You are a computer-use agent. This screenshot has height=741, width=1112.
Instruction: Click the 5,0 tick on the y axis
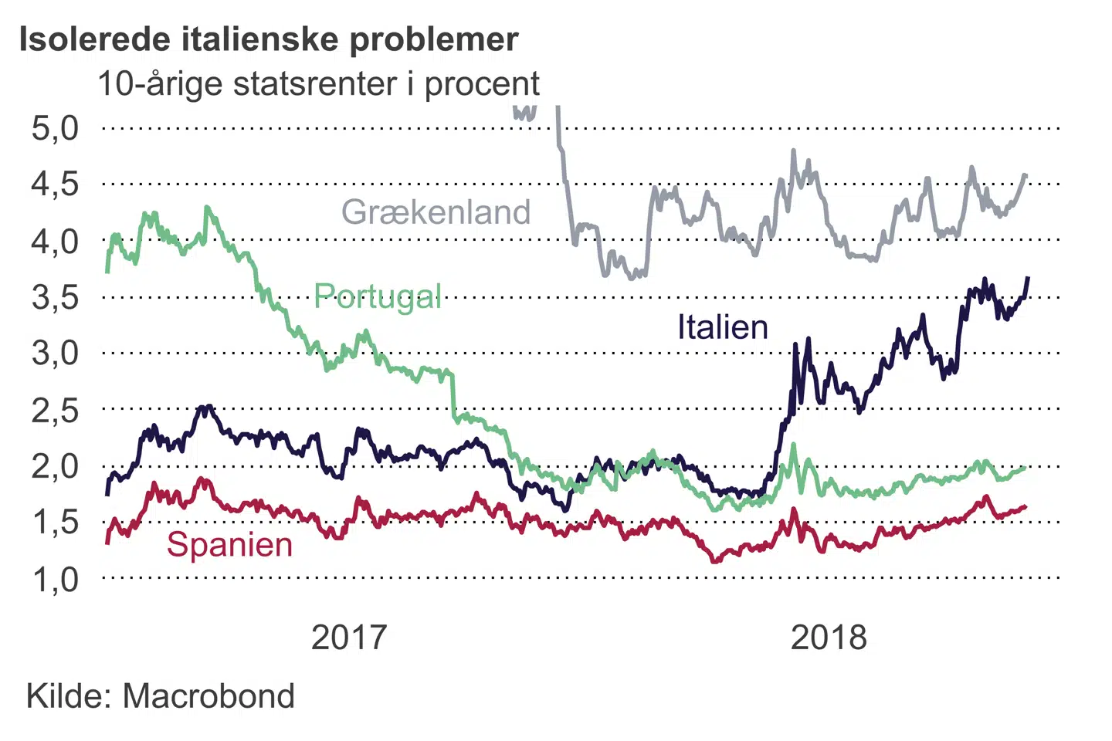55,128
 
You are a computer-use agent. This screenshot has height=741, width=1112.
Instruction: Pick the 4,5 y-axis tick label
55,184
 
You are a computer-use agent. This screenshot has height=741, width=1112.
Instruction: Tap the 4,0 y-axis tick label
55,241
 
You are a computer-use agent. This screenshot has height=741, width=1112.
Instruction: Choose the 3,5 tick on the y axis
55,297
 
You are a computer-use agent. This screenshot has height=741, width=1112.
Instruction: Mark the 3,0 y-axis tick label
55,354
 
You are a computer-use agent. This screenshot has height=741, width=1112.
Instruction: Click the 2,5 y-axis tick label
55,410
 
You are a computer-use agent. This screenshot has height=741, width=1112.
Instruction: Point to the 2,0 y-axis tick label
55,466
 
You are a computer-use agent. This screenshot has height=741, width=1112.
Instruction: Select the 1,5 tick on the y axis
55,523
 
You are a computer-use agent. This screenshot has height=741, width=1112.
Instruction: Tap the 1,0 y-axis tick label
55,579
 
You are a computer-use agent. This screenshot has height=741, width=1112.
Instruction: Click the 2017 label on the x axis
348,638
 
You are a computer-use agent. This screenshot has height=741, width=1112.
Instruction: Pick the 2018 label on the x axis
829,638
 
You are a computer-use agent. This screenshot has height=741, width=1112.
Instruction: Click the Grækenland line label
436,211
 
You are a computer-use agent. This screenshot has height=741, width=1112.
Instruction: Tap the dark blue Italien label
723,327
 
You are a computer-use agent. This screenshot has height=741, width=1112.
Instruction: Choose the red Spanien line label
229,545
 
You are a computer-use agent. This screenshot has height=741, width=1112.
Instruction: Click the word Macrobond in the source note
208,696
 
